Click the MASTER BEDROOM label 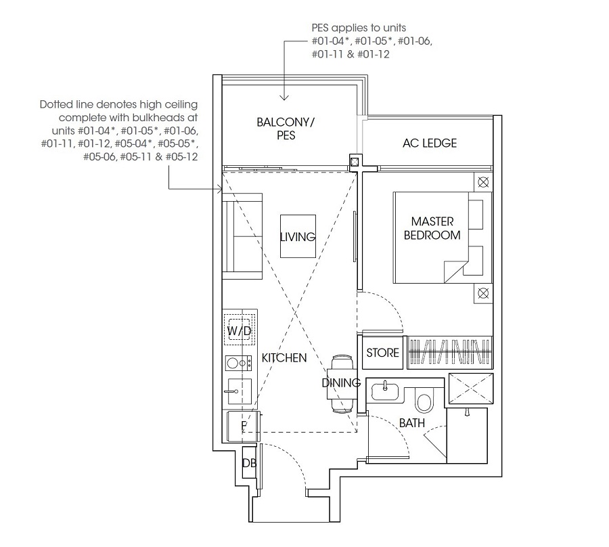432,228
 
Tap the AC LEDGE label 430,143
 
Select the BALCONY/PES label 286,129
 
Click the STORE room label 382,353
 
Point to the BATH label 411,422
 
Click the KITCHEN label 284,358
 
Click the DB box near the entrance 248,463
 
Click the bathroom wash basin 385,391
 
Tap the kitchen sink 239,391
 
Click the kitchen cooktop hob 238,364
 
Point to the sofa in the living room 242,236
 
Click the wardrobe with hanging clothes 450,352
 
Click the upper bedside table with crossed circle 483,182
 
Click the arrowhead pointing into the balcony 284,97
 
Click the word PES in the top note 321,28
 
